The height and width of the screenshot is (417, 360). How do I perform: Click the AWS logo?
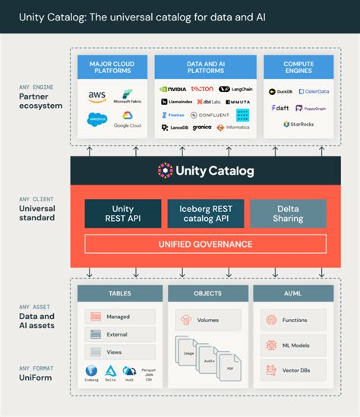coord(96,96)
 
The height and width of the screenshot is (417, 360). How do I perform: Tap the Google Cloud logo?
coord(126,121)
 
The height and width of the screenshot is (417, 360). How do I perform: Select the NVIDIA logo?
coord(173,89)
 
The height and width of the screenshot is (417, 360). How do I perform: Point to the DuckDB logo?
coord(282,91)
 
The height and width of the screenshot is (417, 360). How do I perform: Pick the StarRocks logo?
coord(298,124)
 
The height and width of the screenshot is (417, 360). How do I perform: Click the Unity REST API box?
coord(122,213)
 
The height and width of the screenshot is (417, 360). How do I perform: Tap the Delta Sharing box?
coord(288,213)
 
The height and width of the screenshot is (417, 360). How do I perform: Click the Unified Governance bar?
coord(205,244)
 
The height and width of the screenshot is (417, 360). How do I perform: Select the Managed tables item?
coord(119,317)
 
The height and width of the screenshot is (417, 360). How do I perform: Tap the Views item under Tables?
coord(119,352)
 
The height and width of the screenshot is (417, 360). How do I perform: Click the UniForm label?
coord(36,376)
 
